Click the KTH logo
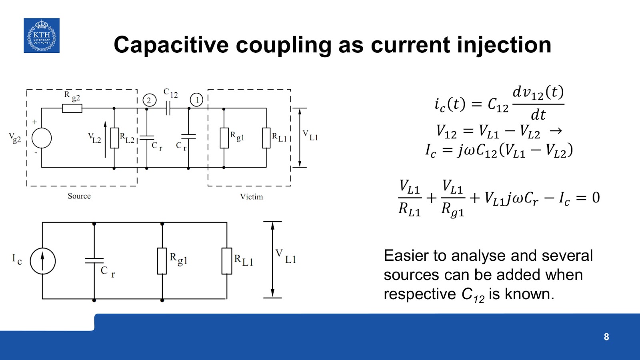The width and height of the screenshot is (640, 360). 42,35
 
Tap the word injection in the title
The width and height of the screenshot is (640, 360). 504,45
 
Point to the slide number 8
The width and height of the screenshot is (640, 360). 606,337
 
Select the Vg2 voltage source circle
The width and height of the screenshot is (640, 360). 42,138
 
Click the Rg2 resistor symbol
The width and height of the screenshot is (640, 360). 72,108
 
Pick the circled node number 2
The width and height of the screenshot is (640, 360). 149,100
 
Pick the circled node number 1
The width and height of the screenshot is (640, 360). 196,100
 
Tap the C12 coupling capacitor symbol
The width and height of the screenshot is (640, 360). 168,108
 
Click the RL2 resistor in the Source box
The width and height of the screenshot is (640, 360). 114,138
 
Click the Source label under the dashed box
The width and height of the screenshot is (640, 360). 79,196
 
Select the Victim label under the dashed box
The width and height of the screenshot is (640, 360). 251,197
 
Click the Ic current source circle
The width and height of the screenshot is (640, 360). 42,261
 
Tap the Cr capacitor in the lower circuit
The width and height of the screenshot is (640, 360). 94,261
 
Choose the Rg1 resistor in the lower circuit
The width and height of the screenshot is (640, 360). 162,261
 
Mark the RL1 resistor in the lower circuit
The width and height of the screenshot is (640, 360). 227,261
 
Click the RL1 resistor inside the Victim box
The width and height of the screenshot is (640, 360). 266,138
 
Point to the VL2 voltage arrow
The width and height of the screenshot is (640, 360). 106,139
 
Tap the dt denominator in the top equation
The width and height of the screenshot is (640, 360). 538,115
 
